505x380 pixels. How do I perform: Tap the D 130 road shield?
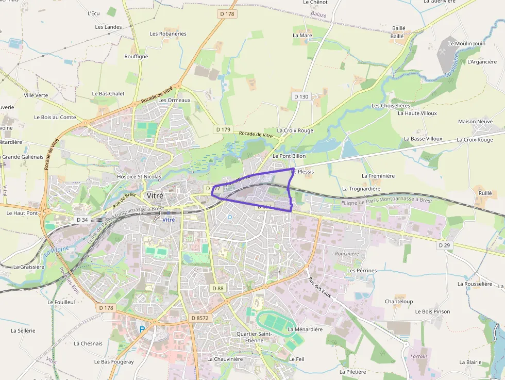tap(301, 96)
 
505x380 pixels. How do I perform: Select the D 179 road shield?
tap(223, 129)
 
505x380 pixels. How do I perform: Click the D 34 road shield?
tap(82, 220)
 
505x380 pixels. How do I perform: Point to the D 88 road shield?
tap(217, 288)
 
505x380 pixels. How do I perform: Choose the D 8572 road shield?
tap(199, 318)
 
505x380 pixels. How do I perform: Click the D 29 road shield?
tap(445, 245)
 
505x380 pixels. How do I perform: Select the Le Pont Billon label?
tap(289, 156)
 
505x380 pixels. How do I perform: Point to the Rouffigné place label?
tap(136, 57)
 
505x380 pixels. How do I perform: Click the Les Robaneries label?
tap(168, 34)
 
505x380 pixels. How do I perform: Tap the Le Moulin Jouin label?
tap(467, 44)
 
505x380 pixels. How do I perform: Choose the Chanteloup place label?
tap(399, 302)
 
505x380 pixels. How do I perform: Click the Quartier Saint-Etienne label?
tap(254, 337)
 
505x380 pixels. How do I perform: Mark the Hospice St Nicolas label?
tap(139, 176)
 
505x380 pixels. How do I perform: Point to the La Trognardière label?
tap(361, 189)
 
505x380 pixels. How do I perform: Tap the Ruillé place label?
tap(485, 193)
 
